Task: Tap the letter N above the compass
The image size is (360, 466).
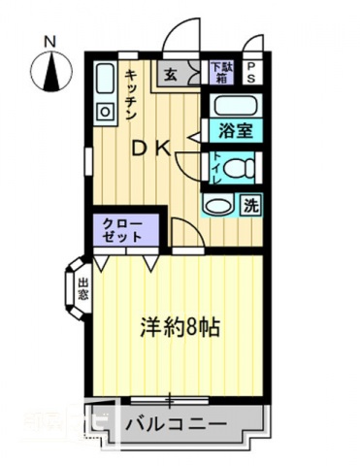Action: [50, 42]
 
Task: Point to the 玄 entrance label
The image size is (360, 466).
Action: [170, 73]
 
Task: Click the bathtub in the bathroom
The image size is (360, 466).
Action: [234, 106]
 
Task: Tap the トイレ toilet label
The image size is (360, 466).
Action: [215, 168]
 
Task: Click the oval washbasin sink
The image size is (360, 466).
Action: [217, 205]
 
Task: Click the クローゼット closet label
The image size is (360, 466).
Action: [123, 230]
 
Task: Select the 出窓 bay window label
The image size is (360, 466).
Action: [82, 288]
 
